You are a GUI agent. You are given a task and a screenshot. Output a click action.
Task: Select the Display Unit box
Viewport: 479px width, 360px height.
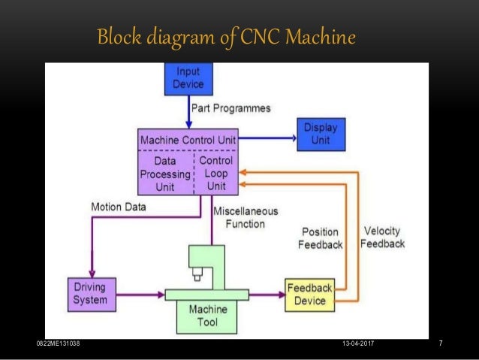point(321,134)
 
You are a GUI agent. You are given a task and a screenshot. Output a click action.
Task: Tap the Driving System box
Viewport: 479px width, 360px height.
point(90,293)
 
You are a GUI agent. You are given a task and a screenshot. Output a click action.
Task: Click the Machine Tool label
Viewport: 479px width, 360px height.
point(209,315)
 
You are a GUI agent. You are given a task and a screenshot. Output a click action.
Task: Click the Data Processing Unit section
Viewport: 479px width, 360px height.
point(165,173)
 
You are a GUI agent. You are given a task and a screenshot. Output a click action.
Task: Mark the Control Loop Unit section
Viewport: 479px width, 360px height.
point(216,173)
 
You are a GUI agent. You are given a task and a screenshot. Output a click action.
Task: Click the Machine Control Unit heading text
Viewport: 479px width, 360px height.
point(188,141)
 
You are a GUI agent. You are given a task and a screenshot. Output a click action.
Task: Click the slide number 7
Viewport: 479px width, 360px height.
point(440,343)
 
